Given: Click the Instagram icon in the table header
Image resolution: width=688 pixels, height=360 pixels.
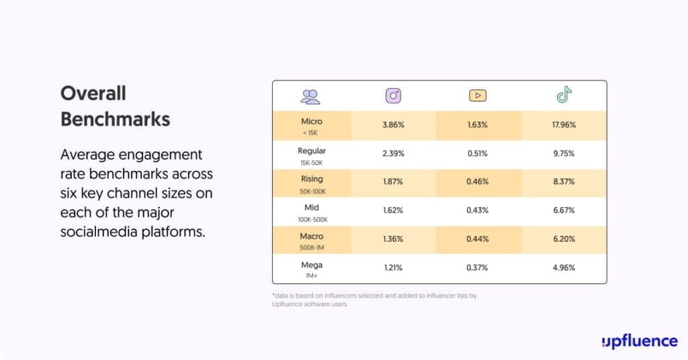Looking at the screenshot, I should point(393,96).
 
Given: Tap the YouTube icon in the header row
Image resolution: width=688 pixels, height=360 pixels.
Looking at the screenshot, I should point(478,96).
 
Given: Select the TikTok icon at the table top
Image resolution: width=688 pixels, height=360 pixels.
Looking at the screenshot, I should point(564,95).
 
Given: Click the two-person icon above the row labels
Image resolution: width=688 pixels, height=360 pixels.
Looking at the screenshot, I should point(310,97).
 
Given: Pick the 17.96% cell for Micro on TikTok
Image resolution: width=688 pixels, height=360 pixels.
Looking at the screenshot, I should point(564,125).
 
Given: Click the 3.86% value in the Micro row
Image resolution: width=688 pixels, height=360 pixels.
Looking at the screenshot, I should point(393,125).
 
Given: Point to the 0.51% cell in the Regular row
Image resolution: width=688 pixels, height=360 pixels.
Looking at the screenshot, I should point(478,153).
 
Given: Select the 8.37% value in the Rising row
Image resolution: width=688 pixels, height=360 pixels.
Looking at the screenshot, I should point(564,182).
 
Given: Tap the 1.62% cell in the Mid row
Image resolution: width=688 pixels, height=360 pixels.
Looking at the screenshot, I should point(393,210).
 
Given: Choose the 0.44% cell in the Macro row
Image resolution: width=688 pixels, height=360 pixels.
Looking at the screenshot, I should point(478,239).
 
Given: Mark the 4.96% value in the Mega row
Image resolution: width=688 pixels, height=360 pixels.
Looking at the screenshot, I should point(564,268).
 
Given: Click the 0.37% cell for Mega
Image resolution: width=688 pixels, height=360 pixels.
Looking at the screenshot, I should point(478,268).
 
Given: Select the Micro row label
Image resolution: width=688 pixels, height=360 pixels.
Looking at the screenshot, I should point(312,122).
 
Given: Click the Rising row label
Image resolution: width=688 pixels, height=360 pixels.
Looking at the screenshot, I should point(312,179).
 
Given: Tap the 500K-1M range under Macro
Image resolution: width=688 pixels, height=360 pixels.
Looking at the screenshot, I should point(312,248).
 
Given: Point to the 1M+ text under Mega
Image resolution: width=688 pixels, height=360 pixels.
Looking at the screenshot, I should point(312,276).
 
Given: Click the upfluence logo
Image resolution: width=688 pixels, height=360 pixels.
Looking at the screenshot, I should point(639,341).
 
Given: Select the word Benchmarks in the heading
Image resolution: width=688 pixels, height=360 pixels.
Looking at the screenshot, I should point(115,119).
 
